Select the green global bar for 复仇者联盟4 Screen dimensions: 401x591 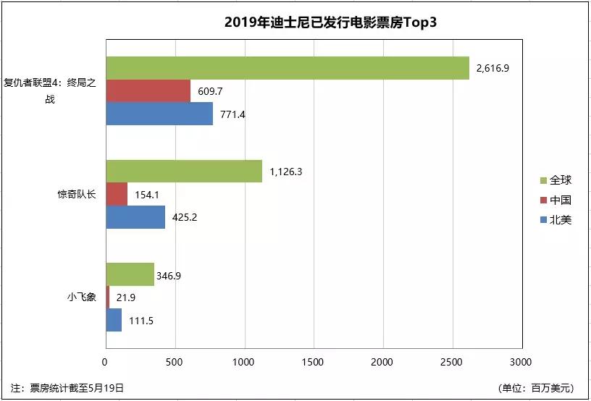288,68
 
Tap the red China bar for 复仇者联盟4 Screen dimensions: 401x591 148,91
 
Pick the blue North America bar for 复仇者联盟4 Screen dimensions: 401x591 159,114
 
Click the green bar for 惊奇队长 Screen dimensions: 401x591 184,172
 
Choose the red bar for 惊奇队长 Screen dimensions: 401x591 117,194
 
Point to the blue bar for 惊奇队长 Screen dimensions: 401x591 135,216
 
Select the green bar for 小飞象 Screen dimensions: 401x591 130,274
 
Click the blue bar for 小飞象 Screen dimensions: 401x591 114,320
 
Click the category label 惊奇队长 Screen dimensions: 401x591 77,194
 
